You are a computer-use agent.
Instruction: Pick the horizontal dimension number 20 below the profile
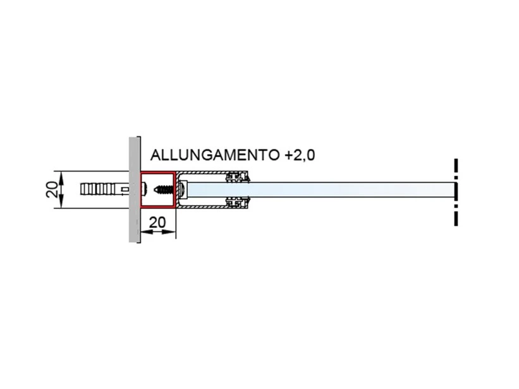(x=157, y=222)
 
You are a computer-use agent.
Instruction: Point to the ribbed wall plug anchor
(x=101, y=189)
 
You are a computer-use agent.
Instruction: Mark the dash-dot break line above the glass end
(x=455, y=169)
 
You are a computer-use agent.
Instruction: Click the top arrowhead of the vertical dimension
(x=62, y=176)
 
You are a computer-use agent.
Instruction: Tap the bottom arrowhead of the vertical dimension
(x=62, y=203)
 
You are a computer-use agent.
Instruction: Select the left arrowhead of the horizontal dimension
(x=144, y=232)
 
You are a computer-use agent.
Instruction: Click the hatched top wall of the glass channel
(x=202, y=173)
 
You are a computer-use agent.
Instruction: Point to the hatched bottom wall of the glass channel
(x=202, y=206)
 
